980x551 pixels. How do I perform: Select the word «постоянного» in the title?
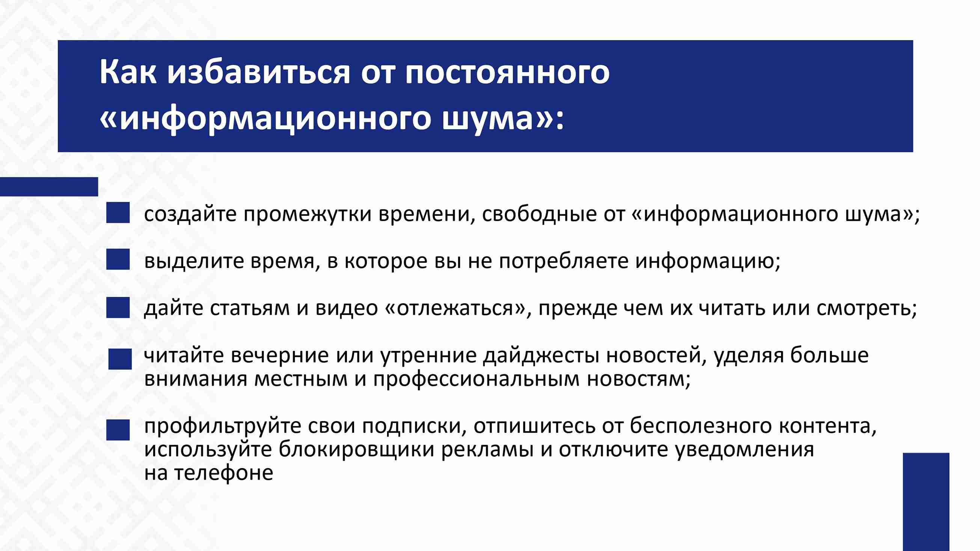(x=507, y=74)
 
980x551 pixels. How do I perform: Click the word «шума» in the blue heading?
(x=487, y=120)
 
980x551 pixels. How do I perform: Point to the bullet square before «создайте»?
(x=118, y=212)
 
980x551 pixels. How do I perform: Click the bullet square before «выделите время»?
(x=118, y=259)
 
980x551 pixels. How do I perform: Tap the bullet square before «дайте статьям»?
(x=118, y=307)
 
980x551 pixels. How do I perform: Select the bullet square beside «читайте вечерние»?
(x=120, y=359)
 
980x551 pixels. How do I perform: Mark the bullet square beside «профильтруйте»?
(x=118, y=430)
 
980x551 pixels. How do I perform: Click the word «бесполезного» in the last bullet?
(x=701, y=427)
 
